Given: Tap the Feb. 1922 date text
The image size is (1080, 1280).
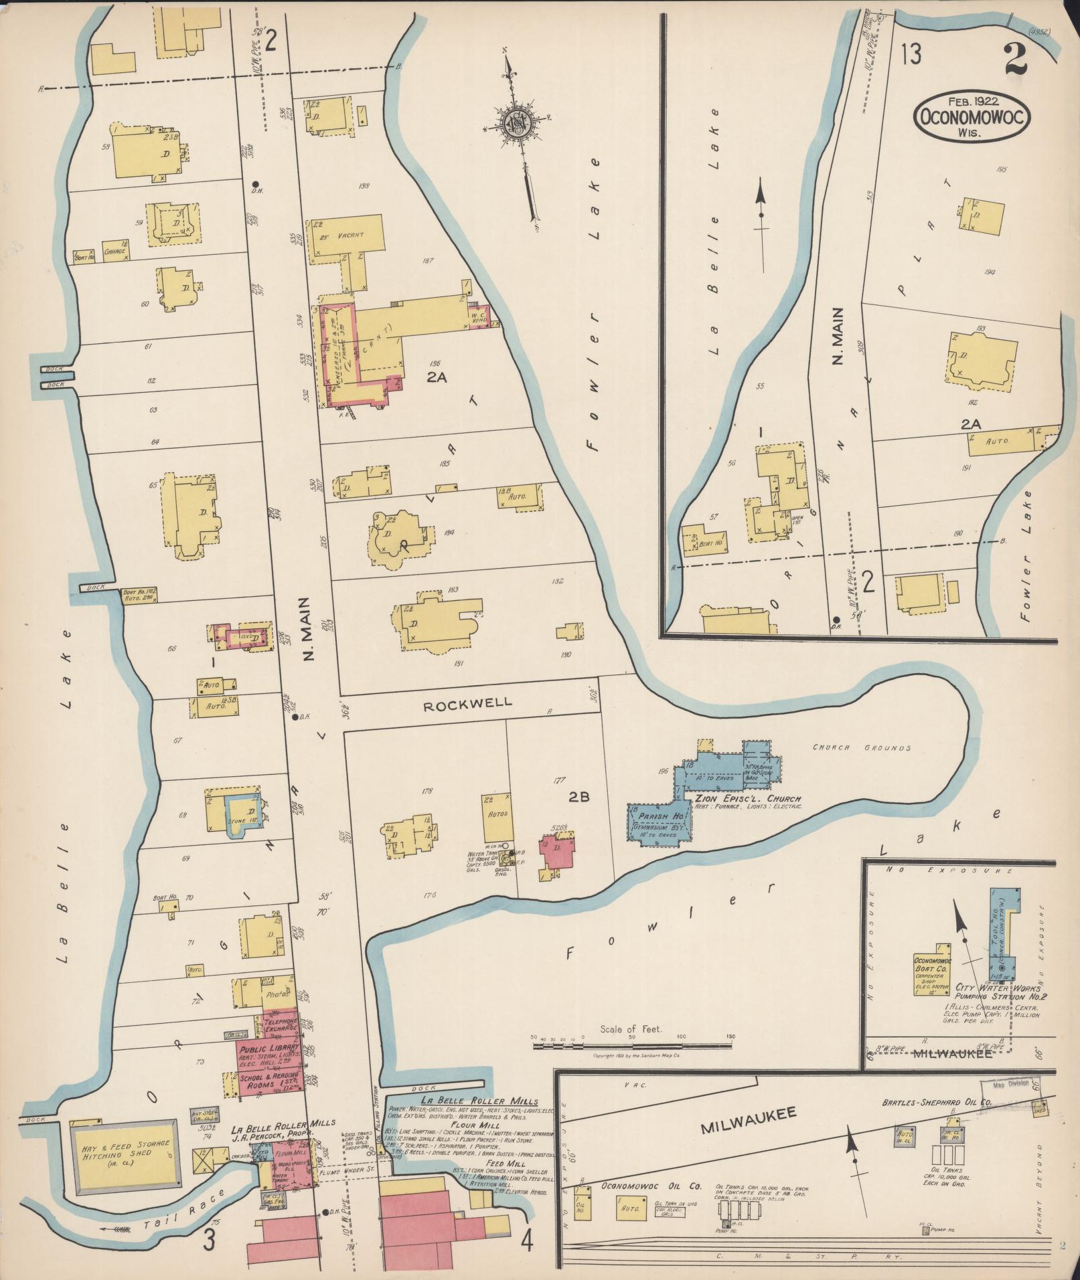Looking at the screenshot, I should pos(972,100).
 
